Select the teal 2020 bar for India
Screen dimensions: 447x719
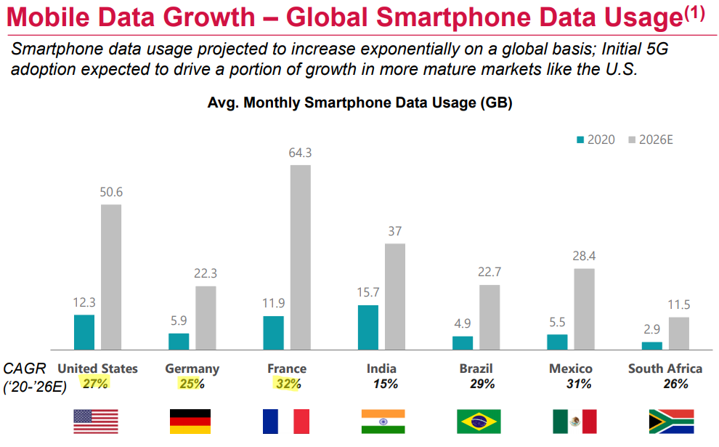368,327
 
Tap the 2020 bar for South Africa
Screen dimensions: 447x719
652,346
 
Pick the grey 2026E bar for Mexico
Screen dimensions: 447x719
584,309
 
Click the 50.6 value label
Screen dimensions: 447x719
110,192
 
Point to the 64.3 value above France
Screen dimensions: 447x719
300,153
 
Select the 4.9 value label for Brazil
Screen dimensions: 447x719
463,323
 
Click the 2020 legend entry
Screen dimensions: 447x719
595,139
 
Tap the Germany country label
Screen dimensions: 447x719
192,369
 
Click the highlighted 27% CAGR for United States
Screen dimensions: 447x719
95,384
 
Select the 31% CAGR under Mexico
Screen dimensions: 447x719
579,384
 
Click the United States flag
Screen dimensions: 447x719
96,422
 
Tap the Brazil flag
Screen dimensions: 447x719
478,422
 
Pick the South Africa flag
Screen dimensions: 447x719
670,422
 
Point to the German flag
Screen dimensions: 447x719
190,422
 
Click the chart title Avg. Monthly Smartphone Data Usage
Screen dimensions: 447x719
359,103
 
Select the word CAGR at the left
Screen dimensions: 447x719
25,369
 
